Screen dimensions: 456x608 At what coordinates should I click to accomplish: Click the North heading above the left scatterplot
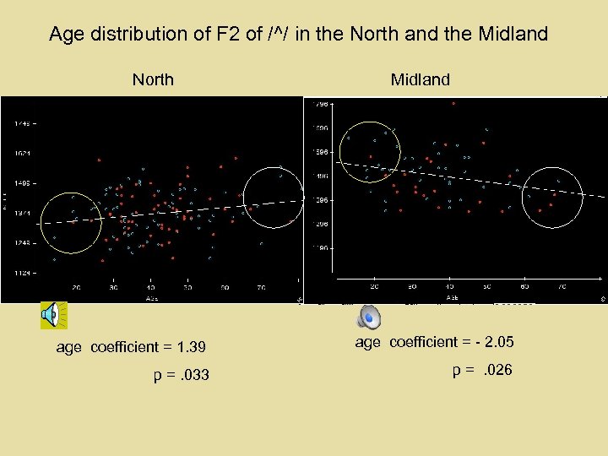click(153, 80)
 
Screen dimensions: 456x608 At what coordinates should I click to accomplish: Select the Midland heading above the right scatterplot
click(420, 80)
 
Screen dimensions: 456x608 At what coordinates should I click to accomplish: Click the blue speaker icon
click(369, 317)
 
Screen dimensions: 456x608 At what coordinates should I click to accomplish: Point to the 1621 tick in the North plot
click(23, 153)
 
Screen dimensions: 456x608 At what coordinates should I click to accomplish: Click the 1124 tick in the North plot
click(23, 272)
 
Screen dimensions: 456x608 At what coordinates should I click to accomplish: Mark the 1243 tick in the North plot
click(23, 242)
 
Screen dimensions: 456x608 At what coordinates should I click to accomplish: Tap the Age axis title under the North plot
click(152, 298)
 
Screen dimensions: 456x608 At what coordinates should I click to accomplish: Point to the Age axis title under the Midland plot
click(453, 297)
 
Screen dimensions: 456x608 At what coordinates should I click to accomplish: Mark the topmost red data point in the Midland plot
click(453, 103)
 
